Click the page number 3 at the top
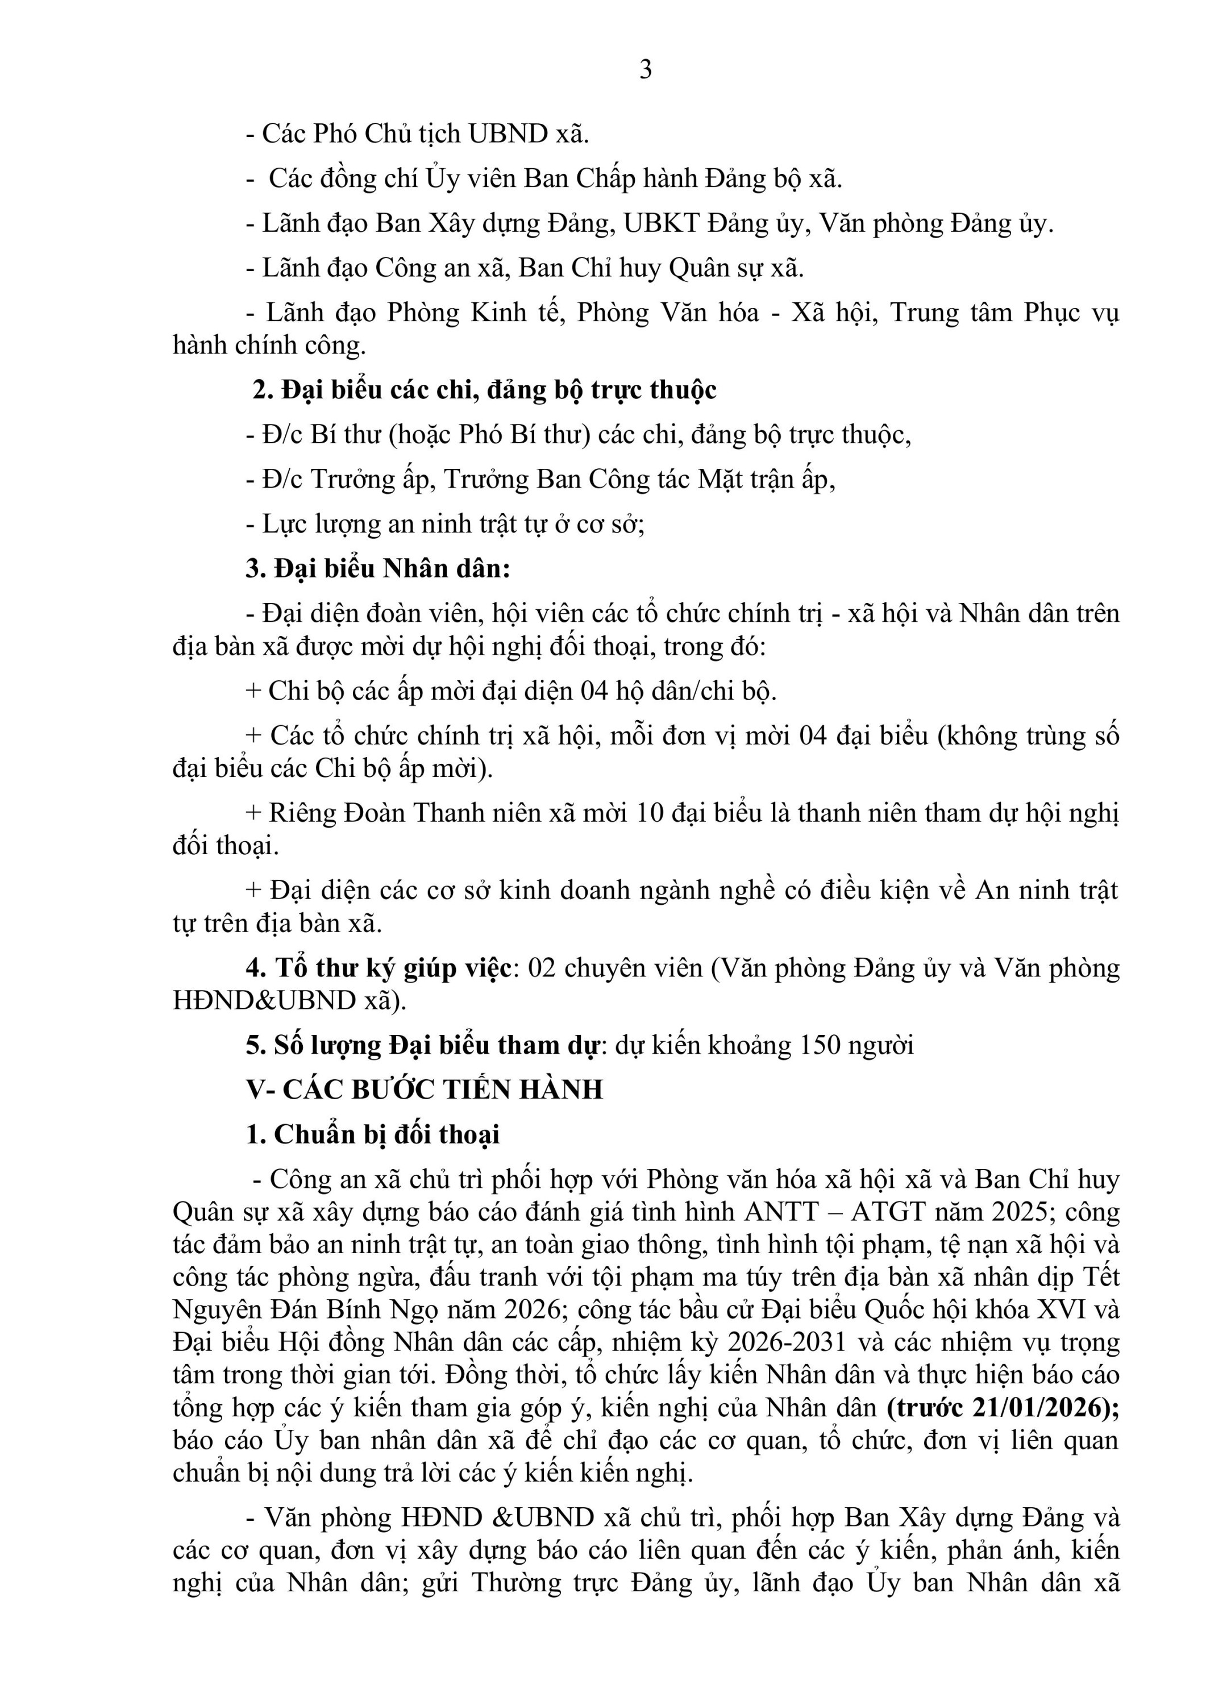[645, 69]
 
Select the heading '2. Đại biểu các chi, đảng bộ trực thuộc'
[484, 390]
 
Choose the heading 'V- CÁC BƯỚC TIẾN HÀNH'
[424, 1089]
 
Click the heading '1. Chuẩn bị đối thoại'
[373, 1134]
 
